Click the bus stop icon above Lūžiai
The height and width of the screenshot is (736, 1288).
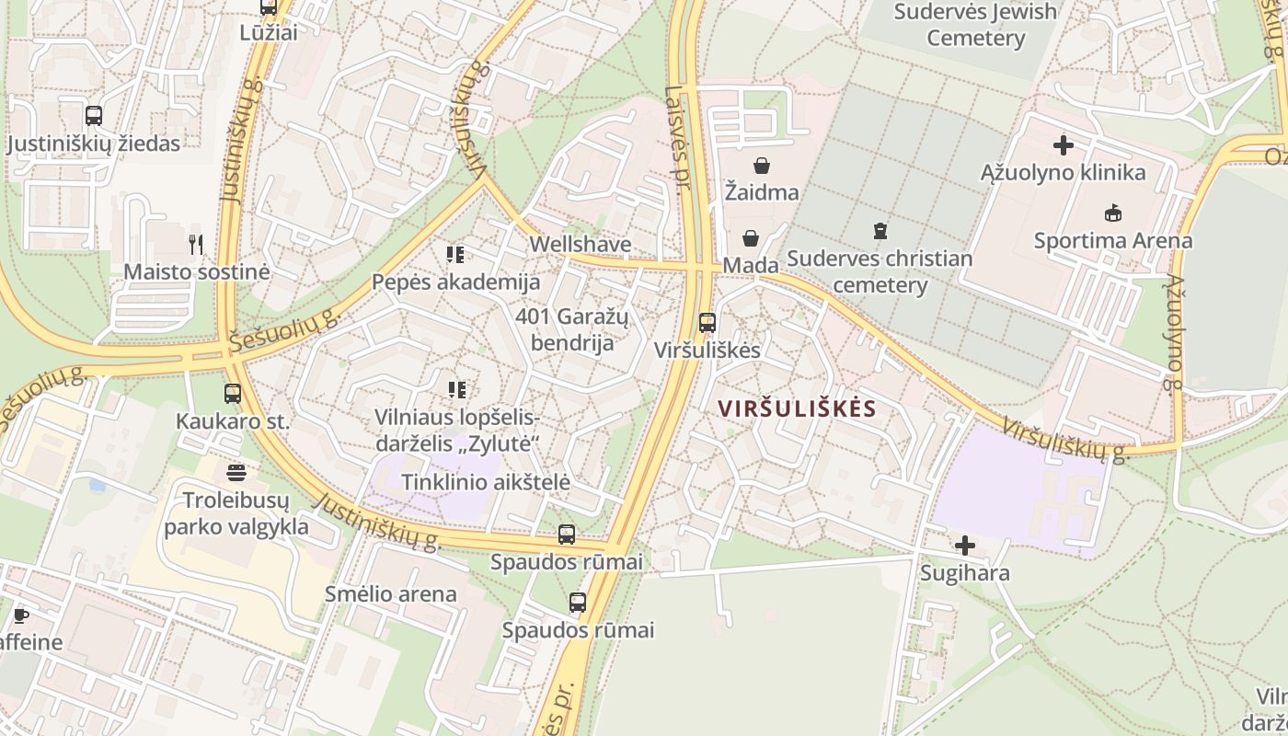click(268, 7)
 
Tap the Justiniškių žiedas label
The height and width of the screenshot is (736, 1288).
click(94, 144)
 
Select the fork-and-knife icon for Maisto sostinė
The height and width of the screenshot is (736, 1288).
click(195, 244)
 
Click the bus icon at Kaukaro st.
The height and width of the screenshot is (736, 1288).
click(233, 394)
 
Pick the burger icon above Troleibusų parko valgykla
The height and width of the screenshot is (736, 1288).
click(236, 473)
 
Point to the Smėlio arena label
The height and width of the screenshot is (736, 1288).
click(391, 593)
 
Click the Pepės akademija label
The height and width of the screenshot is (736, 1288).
click(455, 282)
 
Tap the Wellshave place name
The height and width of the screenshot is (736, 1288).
click(580, 244)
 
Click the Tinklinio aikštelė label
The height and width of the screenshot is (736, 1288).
click(486, 481)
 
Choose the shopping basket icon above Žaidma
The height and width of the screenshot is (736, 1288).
click(761, 166)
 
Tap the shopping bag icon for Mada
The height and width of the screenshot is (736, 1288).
click(751, 239)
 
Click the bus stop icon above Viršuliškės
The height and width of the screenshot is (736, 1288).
click(707, 323)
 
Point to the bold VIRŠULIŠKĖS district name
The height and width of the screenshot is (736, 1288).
click(797, 408)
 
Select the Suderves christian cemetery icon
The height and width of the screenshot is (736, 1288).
click(880, 230)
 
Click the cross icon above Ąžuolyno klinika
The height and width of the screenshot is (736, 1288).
click(1064, 145)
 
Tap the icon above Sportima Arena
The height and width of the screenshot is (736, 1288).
click(1112, 213)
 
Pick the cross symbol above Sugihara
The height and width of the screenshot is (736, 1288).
click(964, 546)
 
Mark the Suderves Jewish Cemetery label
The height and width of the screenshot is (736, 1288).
click(975, 25)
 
